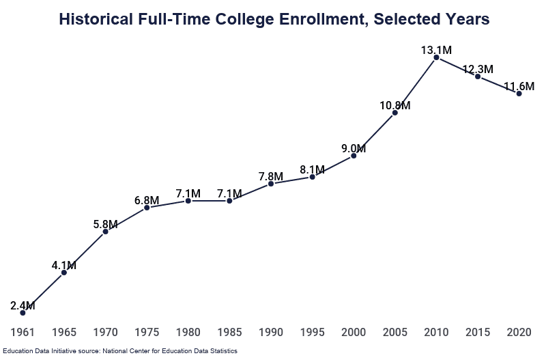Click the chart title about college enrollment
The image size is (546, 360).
click(274, 19)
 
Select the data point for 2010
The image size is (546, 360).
click(436, 58)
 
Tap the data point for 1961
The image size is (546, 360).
click(23, 313)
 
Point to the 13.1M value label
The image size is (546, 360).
click(436, 50)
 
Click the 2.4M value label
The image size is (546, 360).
click(23, 305)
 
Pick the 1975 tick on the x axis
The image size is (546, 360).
click(147, 333)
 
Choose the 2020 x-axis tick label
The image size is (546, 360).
click(519, 333)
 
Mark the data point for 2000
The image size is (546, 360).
click(354, 156)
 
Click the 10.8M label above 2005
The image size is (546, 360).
click(394, 105)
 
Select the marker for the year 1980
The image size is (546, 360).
click(188, 201)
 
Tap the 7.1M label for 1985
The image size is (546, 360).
click(229, 193)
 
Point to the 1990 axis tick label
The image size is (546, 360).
click(271, 333)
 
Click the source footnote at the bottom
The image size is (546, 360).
click(119, 350)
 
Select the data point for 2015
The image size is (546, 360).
click(478, 77)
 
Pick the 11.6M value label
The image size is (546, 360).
click(519, 86)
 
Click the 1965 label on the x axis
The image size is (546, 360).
click(64, 333)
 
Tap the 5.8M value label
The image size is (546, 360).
click(106, 224)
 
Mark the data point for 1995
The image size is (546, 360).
click(312, 177)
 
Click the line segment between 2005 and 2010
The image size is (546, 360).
click(416, 85)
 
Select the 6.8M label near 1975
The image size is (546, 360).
click(147, 200)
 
